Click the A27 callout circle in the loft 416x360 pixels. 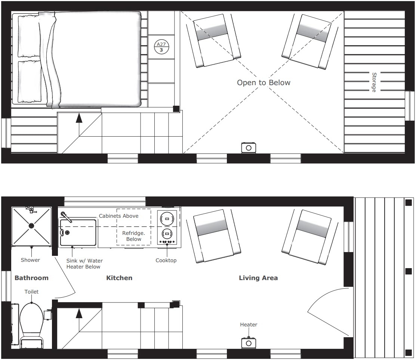[x=162, y=47]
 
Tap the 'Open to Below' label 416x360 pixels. [x=264, y=83]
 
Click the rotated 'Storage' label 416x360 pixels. [x=373, y=82]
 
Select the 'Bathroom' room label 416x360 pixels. [x=31, y=278]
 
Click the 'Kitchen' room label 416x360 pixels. [x=119, y=278]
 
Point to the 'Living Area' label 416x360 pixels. [x=258, y=278]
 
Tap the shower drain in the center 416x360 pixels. [x=31, y=226]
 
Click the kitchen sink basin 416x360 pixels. [x=78, y=233]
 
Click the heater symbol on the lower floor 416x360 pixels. [x=249, y=343]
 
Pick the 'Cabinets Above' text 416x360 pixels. [x=118, y=216]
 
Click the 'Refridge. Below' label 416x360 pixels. [x=133, y=236]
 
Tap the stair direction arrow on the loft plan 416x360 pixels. [x=79, y=119]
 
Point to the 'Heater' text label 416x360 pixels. [x=249, y=325]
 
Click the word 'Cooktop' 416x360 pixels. [x=166, y=260]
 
